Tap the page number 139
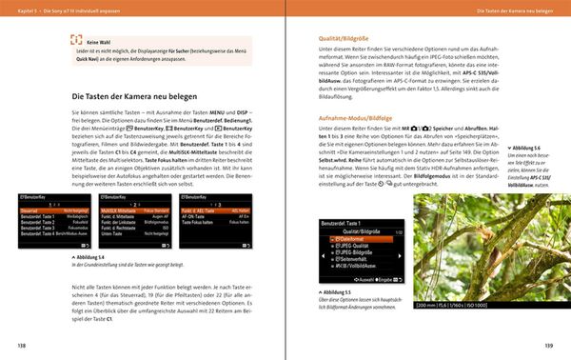pos(549,344)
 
